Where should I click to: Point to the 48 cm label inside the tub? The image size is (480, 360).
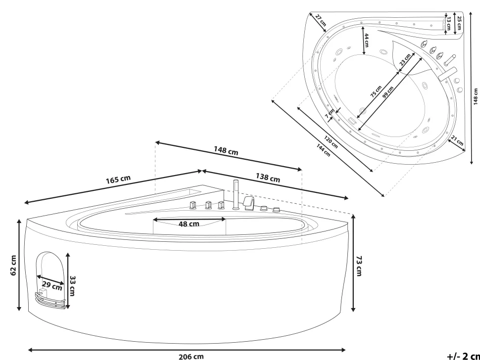tap(189, 224)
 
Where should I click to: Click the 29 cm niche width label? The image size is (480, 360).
tap(52, 285)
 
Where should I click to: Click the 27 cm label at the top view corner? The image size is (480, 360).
tap(321, 19)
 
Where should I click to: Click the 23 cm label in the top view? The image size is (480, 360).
tap(405, 60)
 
